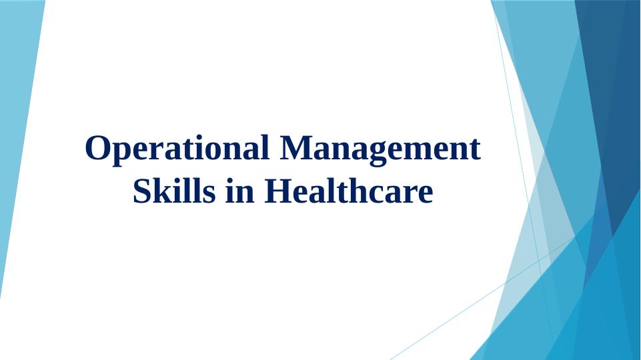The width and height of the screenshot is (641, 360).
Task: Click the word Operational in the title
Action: coord(177,149)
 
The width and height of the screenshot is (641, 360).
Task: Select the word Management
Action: coord(381,149)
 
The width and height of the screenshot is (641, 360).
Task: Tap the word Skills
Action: coord(174,191)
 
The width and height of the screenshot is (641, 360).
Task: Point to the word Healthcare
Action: coord(349,191)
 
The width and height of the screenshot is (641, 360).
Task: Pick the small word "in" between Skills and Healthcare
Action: coord(240,191)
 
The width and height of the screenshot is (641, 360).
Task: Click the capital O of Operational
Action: coord(98,147)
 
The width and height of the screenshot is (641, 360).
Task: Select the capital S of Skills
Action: coord(142,191)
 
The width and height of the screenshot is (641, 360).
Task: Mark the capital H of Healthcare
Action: coord(279,191)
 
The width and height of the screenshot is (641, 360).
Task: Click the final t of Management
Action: coord(475,150)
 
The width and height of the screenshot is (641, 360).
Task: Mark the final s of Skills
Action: coord(209,195)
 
